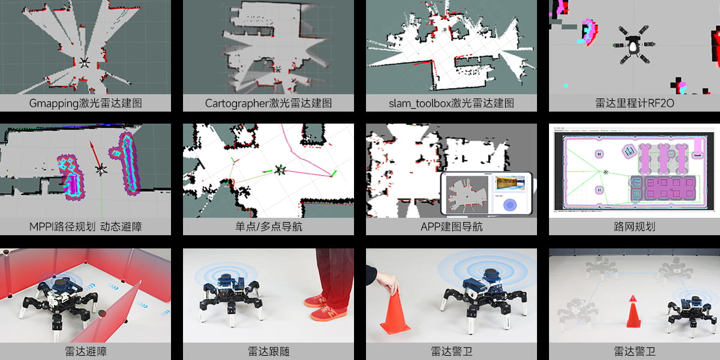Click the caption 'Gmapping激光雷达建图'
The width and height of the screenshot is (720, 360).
click(85, 103)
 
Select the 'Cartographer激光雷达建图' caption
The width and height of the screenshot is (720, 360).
click(268, 103)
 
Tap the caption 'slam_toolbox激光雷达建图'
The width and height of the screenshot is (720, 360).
click(451, 103)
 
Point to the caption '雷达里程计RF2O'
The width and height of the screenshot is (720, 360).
click(635, 103)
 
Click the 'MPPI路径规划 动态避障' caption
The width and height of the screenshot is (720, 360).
click(85, 227)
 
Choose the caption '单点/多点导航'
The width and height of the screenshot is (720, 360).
click(268, 227)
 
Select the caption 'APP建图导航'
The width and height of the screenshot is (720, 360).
click(451, 227)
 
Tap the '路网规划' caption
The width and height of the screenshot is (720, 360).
click(635, 227)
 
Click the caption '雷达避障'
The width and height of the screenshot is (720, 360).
click(85, 352)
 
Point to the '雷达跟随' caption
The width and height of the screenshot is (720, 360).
click(268, 352)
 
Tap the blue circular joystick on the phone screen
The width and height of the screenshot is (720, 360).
click(510, 205)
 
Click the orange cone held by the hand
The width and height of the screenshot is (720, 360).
click(395, 311)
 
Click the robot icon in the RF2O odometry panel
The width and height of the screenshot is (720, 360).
click(634, 45)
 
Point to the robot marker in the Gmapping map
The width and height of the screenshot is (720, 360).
click(85, 62)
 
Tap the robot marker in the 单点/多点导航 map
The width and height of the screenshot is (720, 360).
click(280, 170)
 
